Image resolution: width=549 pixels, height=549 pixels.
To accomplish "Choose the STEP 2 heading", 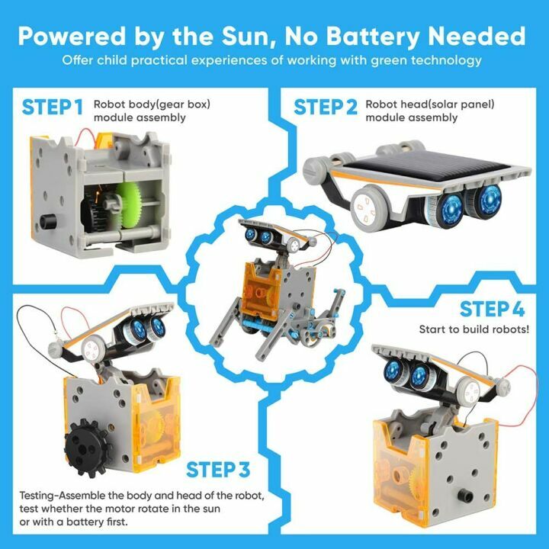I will coord(326,108).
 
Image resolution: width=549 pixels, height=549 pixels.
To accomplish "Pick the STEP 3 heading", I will coord(218,468).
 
